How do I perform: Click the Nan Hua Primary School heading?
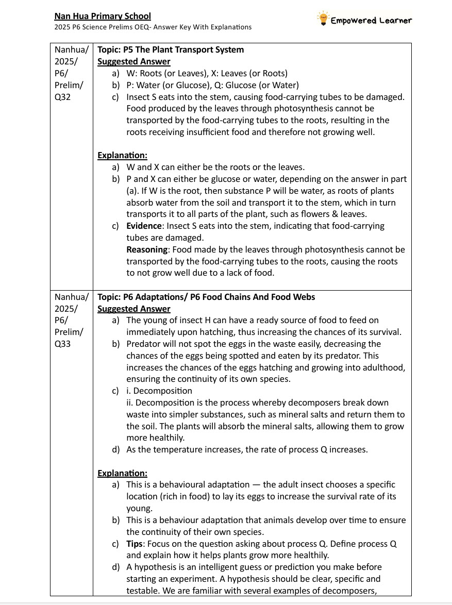(102, 16)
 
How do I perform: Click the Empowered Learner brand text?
(371, 21)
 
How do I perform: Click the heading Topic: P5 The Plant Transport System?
(171, 50)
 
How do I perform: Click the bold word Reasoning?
(147, 250)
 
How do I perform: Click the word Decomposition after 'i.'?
(162, 391)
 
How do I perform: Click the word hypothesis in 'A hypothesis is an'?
(158, 567)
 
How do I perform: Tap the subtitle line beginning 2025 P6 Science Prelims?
(153, 27)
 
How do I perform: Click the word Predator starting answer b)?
(145, 344)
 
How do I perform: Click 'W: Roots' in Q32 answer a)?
(145, 73)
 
